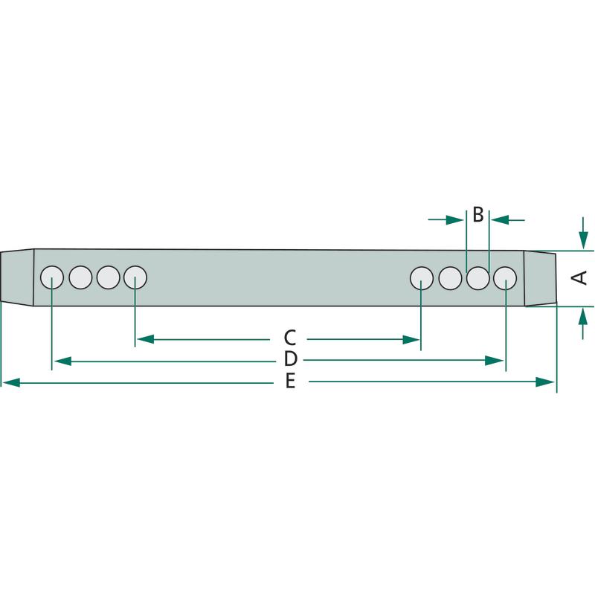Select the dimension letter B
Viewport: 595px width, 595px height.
point(477,215)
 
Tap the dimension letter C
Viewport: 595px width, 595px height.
point(290,338)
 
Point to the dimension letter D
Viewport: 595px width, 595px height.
point(291,360)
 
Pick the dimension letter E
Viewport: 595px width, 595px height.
point(290,382)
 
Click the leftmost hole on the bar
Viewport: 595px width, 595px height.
point(52,277)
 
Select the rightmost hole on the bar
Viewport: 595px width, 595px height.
point(505,277)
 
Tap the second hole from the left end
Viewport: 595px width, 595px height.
point(80,277)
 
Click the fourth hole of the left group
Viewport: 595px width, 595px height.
point(135,277)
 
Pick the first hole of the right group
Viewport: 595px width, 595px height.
point(422,277)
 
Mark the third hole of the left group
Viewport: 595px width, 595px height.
point(108,277)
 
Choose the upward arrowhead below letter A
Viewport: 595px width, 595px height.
point(582,317)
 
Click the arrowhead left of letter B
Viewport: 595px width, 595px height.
point(454,219)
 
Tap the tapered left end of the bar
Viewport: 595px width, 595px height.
point(17,277)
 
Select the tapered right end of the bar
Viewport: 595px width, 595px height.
point(541,278)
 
